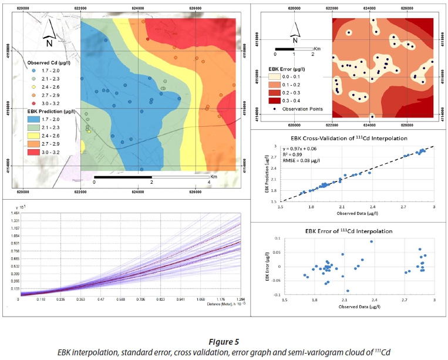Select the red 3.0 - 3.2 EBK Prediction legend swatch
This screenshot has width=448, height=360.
point(34,152)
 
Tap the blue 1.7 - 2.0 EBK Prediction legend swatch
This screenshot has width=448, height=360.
point(34,119)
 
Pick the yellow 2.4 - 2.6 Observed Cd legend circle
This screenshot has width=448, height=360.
point(34,86)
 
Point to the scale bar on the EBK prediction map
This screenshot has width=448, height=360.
point(151,176)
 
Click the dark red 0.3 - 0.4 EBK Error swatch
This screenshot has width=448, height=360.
point(275,100)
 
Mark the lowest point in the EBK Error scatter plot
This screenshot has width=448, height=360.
point(348,291)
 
